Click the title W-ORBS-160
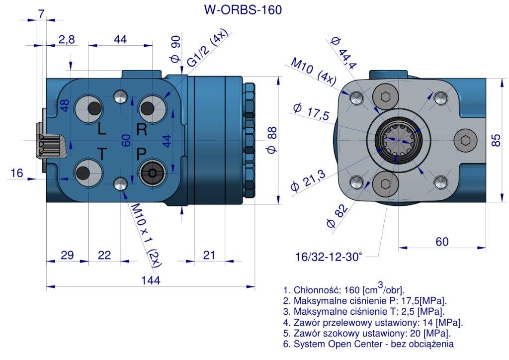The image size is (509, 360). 243,10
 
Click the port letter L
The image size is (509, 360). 101,130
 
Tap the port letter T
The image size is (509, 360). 101,155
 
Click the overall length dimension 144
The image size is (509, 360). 150,280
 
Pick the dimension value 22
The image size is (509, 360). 104,255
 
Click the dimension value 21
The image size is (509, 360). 209,255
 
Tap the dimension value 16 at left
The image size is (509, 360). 16,173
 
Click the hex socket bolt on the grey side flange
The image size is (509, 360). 465,140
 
